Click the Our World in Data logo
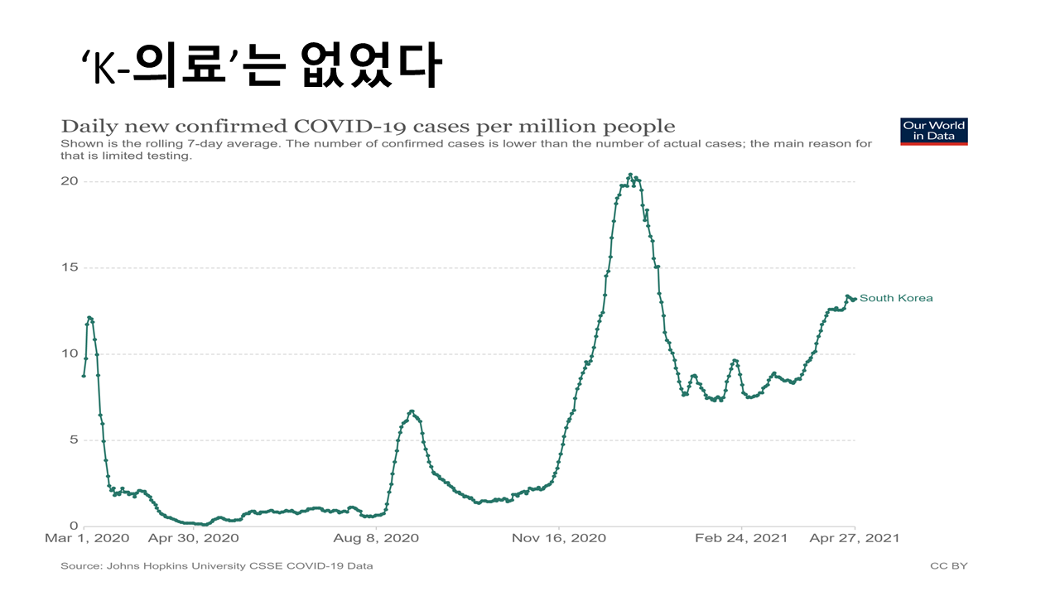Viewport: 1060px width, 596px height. click(x=933, y=132)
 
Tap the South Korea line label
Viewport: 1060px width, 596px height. click(x=896, y=298)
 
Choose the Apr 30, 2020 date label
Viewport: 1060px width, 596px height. click(x=193, y=538)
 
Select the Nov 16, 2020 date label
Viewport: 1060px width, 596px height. click(x=560, y=538)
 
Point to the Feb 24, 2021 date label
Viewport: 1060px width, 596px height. click(x=741, y=538)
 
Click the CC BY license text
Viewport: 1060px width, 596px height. click(x=948, y=566)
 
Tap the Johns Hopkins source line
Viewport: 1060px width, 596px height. click(x=216, y=566)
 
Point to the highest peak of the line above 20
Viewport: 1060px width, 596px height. click(x=630, y=175)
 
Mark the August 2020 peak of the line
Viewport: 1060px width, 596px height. click(x=412, y=411)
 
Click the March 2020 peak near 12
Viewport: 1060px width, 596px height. click(x=89, y=317)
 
